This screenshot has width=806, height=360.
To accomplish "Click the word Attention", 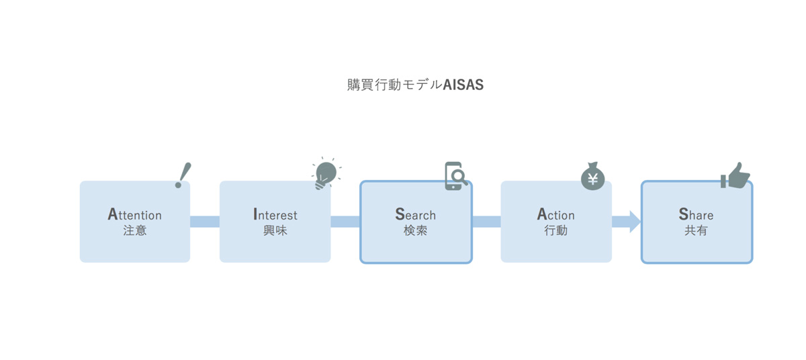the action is (x=135, y=214).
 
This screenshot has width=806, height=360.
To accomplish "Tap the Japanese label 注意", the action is (x=135, y=230).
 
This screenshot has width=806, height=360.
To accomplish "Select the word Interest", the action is (x=275, y=214).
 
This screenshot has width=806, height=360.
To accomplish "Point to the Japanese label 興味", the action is (x=275, y=230).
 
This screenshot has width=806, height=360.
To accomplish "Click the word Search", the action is (x=416, y=214).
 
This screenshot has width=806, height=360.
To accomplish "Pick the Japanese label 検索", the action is (x=416, y=230).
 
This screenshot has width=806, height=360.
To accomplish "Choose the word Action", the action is (x=556, y=214).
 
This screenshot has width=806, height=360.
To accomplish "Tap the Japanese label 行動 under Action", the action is (x=556, y=230).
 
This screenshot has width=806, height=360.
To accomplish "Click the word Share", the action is (x=697, y=214).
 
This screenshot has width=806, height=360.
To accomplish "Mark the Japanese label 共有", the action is (x=697, y=230).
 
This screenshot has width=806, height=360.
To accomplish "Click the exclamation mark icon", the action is (x=183, y=175).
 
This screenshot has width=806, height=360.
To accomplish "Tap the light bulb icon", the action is (x=326, y=174).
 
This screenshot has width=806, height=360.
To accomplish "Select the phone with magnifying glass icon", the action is (x=456, y=176).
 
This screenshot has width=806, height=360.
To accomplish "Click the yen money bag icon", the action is (x=592, y=176).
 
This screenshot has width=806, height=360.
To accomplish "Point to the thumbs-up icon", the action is (x=735, y=175).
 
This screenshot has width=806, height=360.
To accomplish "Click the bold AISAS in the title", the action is (x=463, y=85).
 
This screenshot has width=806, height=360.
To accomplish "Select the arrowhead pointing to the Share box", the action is (x=635, y=222).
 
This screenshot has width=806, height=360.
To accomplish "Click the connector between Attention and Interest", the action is (x=205, y=222).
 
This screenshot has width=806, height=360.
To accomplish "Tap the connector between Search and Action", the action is (x=486, y=222).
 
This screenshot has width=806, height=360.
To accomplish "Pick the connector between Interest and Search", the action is (x=345, y=222).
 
